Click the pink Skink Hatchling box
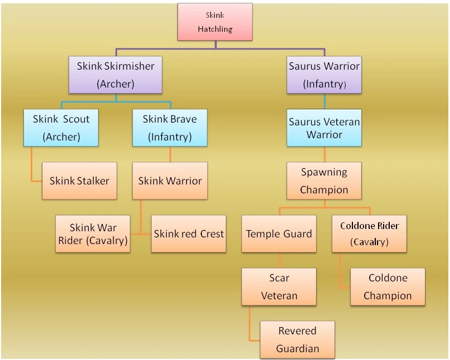click(x=215, y=22)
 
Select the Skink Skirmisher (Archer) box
click(x=115, y=75)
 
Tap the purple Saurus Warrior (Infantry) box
click(x=325, y=75)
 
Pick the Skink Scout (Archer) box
click(x=61, y=128)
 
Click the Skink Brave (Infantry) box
click(x=170, y=128)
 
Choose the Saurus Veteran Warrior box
click(x=325, y=128)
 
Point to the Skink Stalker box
click(x=80, y=181)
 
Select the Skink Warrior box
click(x=170, y=181)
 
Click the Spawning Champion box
click(x=325, y=181)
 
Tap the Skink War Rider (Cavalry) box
click(x=93, y=234)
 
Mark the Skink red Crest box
click(x=189, y=234)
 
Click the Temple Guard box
click(x=279, y=234)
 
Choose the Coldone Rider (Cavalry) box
click(x=369, y=234)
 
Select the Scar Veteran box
click(x=279, y=287)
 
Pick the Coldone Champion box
click(x=388, y=287)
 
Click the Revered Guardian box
click(x=298, y=339)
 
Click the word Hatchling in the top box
click(x=215, y=29)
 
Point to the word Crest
click(x=212, y=234)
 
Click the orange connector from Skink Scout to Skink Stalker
click(x=32, y=169)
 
